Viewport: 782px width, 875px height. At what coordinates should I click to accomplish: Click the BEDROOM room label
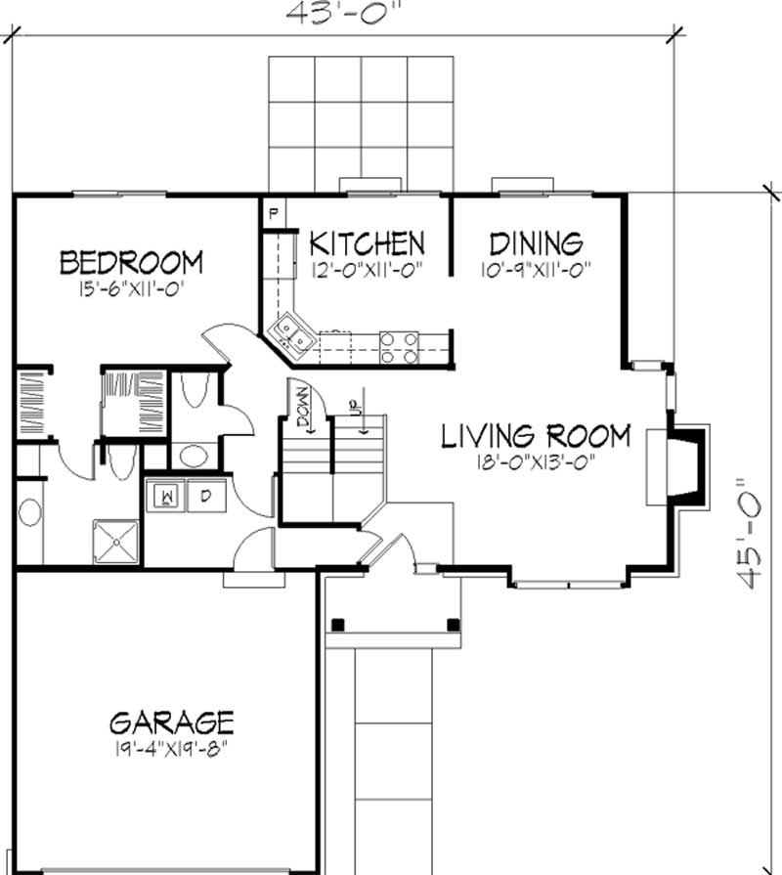click(x=131, y=262)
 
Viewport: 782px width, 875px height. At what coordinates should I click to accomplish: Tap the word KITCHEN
click(x=367, y=242)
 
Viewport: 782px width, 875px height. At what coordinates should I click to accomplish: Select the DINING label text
click(x=536, y=242)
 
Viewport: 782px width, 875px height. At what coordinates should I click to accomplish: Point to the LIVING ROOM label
click(x=536, y=435)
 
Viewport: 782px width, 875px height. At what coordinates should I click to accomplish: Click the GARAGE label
click(x=171, y=722)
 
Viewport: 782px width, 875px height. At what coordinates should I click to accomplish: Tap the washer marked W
click(x=167, y=496)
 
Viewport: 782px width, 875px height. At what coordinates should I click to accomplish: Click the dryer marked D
click(x=206, y=496)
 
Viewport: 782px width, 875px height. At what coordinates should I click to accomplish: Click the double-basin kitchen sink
click(x=293, y=332)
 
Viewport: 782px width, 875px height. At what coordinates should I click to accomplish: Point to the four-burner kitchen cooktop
click(x=400, y=347)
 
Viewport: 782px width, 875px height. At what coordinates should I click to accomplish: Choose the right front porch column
click(x=452, y=624)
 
